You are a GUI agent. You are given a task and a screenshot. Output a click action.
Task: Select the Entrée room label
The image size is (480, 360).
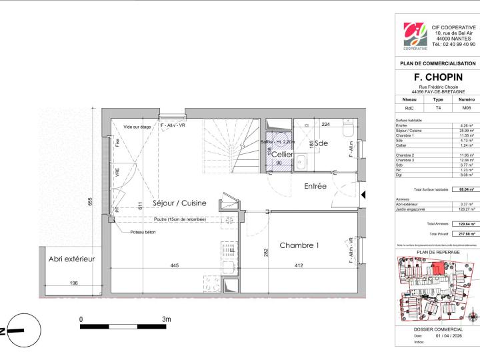tap(315, 187)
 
